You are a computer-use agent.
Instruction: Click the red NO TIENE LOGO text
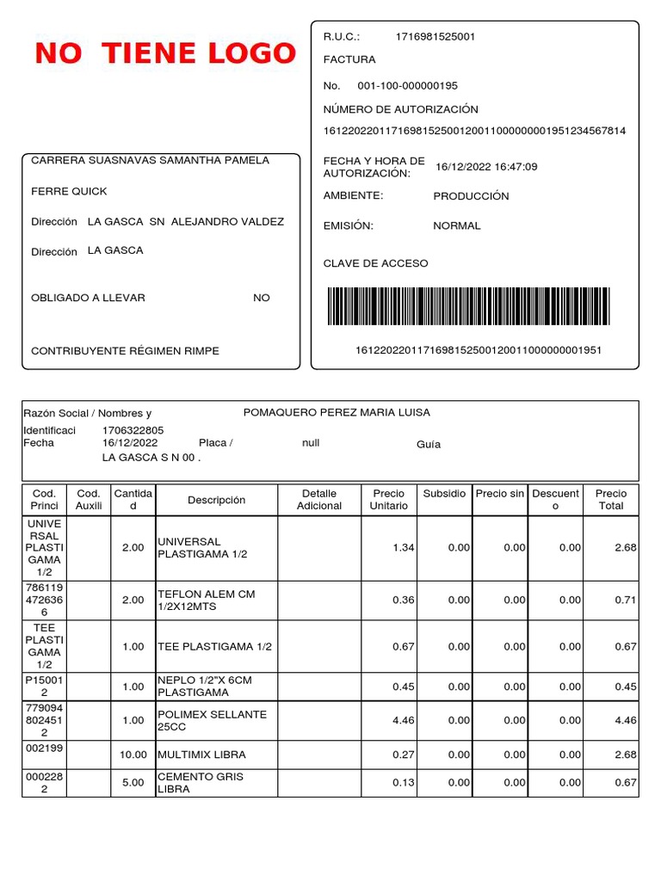[x=165, y=54]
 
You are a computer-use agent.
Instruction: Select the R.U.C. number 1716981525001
[x=435, y=37]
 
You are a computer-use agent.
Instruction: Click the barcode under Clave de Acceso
[x=468, y=306]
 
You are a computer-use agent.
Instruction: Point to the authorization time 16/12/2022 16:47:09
[x=486, y=167]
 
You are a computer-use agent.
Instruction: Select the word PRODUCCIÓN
[x=471, y=196]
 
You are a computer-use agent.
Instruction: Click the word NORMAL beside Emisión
[x=457, y=226]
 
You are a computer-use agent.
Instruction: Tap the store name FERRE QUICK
[x=69, y=191]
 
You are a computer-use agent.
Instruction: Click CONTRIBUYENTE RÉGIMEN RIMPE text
[x=125, y=351]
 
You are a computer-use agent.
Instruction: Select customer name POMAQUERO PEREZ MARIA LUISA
[x=337, y=413]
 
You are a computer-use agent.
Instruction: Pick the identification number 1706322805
[x=133, y=430]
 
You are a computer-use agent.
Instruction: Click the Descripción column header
[x=216, y=500]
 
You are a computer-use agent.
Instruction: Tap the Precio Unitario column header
[x=388, y=500]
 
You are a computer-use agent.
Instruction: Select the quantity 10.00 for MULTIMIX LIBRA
[x=133, y=755]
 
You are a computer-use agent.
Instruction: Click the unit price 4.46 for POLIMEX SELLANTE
[x=404, y=720]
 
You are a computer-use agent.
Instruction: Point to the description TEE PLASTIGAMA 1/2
[x=213, y=647]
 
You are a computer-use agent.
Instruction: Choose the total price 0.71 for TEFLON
[x=625, y=601]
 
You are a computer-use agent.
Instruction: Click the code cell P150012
[x=44, y=687]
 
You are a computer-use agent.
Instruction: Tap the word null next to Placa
[x=311, y=443]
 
